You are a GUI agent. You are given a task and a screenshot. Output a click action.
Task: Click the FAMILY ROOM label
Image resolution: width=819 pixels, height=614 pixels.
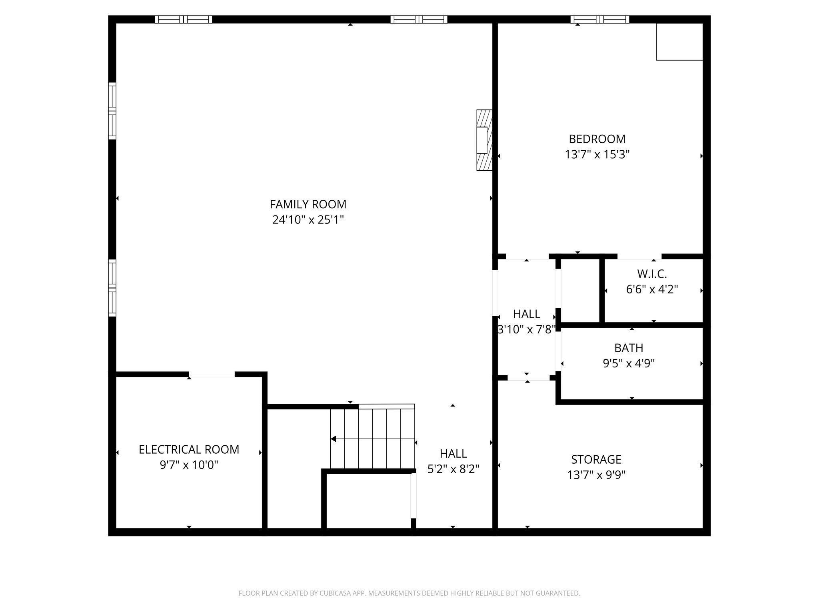click(x=308, y=204)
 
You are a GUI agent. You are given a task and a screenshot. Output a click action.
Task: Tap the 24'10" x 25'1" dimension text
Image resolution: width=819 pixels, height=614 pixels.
click(x=308, y=220)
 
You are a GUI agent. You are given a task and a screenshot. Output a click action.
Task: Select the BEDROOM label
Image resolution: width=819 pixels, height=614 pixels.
click(x=597, y=139)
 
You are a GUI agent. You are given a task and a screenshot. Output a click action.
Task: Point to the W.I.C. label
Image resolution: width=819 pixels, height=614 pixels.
click(x=652, y=274)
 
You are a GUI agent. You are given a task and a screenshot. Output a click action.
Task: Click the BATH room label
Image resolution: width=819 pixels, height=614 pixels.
click(x=629, y=348)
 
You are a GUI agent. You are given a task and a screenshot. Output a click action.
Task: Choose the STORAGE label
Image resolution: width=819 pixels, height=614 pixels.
click(x=596, y=460)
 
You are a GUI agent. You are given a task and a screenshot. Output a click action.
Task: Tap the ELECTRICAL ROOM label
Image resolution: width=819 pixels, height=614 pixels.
click(x=189, y=450)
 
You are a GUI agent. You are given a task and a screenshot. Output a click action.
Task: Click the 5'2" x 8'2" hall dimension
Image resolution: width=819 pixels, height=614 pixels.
click(x=453, y=469)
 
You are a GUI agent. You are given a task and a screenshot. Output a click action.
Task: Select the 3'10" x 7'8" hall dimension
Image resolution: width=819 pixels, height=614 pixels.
click(x=526, y=330)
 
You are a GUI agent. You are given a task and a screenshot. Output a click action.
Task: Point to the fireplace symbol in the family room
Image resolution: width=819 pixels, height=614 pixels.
click(x=484, y=140)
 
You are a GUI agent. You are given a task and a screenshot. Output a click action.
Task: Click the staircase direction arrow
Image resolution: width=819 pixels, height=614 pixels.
click(x=334, y=439)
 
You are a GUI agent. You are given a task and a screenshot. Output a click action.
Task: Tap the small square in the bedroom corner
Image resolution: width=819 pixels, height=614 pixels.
click(x=679, y=42)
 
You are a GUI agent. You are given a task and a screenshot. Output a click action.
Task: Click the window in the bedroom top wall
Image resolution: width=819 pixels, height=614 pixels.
click(x=599, y=19)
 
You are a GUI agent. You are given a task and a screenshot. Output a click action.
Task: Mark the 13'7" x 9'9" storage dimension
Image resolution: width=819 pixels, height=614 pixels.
click(x=596, y=475)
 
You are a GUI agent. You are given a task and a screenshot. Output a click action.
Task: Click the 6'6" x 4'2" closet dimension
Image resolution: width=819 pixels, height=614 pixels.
click(x=652, y=289)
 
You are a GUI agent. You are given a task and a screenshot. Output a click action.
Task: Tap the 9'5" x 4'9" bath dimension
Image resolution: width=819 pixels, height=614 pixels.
click(x=629, y=363)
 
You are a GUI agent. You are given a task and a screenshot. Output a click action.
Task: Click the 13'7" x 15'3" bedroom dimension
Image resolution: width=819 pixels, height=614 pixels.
click(x=597, y=155)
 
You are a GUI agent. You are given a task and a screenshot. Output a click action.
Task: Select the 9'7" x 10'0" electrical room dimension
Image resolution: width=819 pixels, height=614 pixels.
click(x=189, y=465)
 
